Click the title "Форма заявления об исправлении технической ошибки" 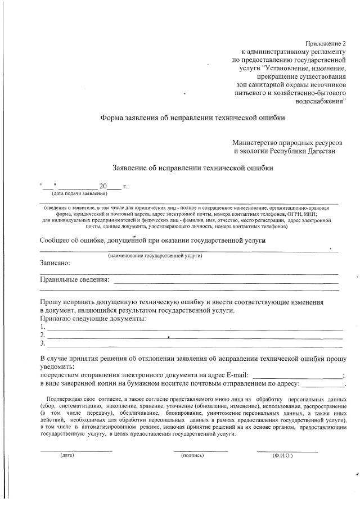[x=192, y=118]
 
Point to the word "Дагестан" [x=319, y=151]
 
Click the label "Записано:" [x=55, y=262]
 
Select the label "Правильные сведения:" [x=74, y=279]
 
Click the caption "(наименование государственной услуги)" [x=155, y=255]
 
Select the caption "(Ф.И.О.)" [x=282, y=455]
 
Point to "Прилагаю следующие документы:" [x=93, y=319]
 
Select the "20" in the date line [x=103, y=185]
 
